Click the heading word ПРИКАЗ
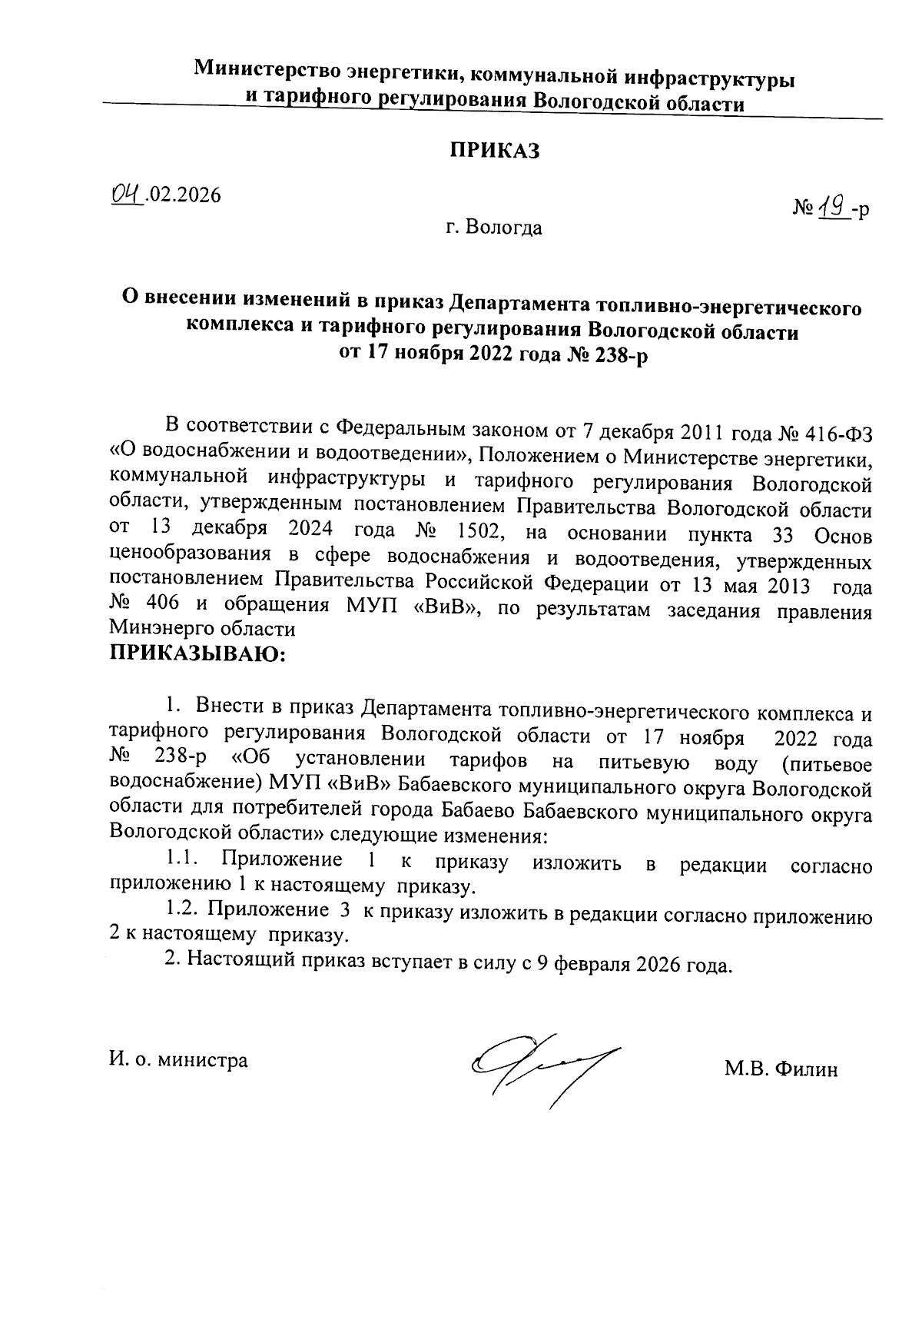pos(494,151)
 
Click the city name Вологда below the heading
pos(504,228)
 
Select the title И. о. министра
pos(178,1061)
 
